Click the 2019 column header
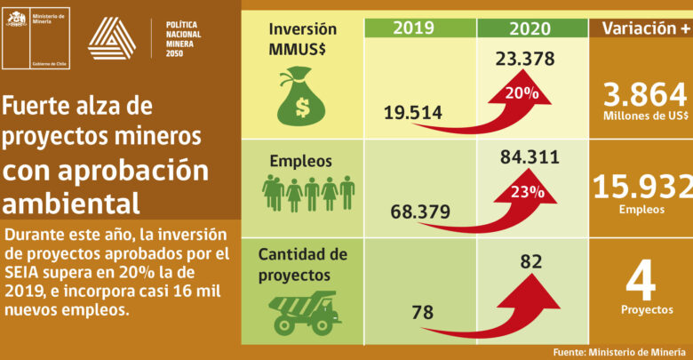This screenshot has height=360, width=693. click(420, 27)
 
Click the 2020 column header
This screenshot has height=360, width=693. click(532, 27)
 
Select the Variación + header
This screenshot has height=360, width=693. click(641, 27)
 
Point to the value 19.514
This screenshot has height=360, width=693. click(414, 112)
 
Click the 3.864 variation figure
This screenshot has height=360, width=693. click(644, 95)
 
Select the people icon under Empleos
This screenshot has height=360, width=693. click(308, 193)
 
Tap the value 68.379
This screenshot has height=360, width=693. click(419, 213)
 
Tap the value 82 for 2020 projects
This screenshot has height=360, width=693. click(530, 263)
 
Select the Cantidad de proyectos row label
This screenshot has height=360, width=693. click(301, 265)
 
